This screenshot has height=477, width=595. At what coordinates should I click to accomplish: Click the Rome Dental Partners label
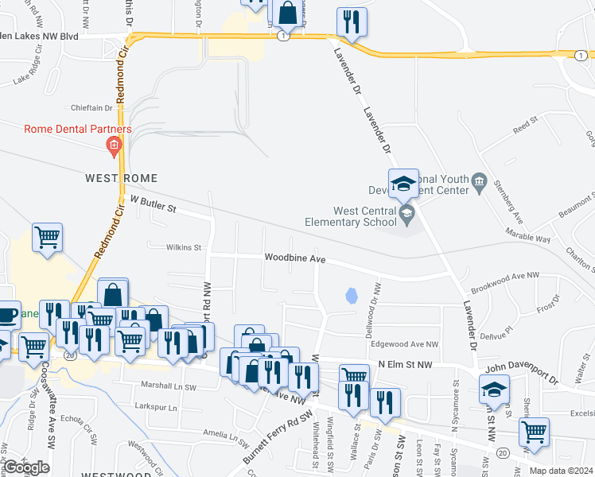tap(78, 130)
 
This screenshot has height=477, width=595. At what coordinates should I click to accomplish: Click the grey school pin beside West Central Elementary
tap(407, 212)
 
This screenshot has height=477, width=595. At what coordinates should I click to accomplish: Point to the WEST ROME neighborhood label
tap(122, 178)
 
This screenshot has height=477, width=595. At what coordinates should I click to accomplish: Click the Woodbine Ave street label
tap(295, 258)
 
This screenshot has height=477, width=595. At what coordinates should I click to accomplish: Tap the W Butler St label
tap(153, 206)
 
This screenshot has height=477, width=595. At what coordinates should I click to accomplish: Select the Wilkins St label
tap(183, 247)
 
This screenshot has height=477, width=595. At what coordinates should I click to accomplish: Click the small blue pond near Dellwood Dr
tap(351, 297)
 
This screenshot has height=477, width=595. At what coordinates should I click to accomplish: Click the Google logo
tap(27, 467)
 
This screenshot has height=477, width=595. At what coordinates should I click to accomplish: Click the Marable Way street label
tap(528, 238)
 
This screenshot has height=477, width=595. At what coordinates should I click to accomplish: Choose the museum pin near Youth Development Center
tap(479, 184)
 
